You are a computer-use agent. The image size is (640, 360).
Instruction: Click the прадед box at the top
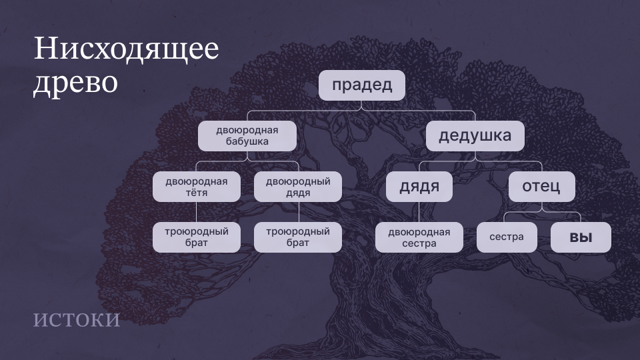[x=361, y=85]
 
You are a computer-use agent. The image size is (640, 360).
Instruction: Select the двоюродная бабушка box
[x=247, y=136]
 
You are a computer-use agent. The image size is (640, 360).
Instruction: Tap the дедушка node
[x=475, y=136]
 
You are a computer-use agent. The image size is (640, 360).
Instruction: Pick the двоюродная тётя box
[x=196, y=187]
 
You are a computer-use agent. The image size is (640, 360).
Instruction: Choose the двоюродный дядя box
[x=298, y=187]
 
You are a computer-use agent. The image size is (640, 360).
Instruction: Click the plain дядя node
[x=419, y=187]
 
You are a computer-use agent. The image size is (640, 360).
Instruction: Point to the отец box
[x=541, y=187]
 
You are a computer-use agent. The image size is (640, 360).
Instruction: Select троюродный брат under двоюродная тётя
[x=196, y=237]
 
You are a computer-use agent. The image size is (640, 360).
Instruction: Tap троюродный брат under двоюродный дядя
[x=298, y=237]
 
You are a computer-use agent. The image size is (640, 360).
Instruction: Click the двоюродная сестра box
[x=419, y=237]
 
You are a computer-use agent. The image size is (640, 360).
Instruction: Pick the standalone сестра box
[x=507, y=237]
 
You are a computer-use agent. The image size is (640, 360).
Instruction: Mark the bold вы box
[x=581, y=237]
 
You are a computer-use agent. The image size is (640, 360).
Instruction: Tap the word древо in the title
[x=75, y=83]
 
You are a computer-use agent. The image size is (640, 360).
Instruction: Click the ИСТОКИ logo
[x=76, y=320]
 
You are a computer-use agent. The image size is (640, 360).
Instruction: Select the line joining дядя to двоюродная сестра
[x=419, y=212]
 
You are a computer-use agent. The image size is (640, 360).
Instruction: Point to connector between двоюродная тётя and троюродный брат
[x=196, y=212]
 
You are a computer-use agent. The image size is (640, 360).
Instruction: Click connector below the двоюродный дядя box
[x=299, y=212]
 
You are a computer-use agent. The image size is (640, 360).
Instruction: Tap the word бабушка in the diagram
[x=247, y=141]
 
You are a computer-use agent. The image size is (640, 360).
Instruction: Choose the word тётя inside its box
[x=196, y=192]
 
